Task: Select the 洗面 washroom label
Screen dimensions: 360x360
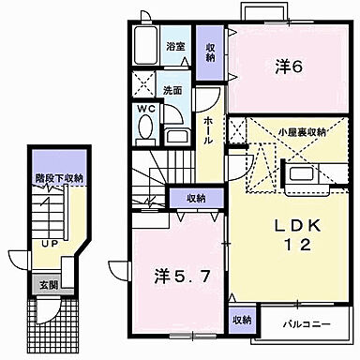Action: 172,90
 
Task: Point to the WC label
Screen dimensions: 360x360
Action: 145,110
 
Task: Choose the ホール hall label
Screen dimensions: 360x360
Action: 208,124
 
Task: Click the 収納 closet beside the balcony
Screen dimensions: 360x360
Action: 242,320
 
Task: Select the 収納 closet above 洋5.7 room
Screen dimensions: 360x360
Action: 195,197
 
